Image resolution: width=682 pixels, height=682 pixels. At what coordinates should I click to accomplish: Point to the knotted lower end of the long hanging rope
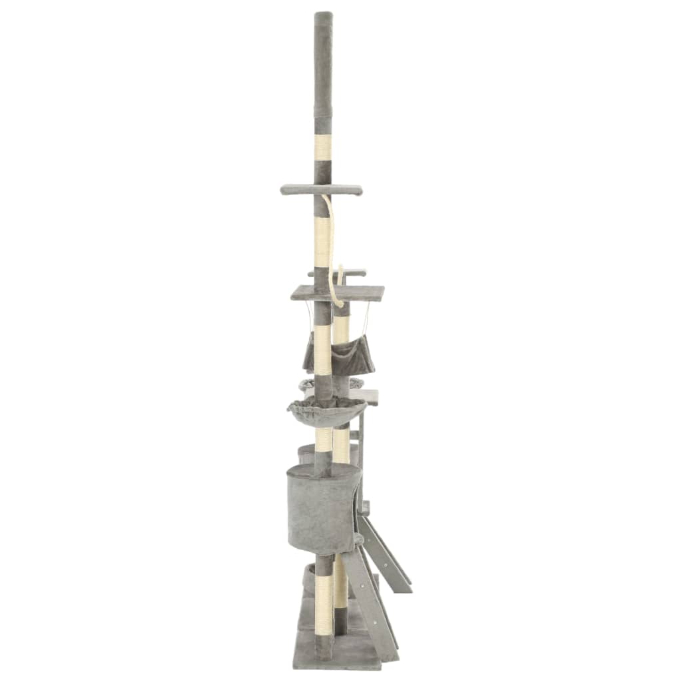pyautogui.click(x=340, y=303)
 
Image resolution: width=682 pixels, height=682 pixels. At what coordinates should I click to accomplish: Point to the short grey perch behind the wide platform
pyautogui.click(x=353, y=272)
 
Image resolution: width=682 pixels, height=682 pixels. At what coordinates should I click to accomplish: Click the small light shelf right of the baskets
pyautogui.click(x=368, y=397)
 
